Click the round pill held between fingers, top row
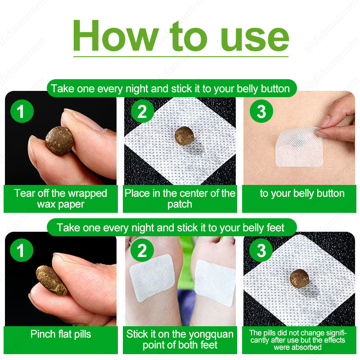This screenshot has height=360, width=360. [x=59, y=140]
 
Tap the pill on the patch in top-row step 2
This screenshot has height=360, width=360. [x=184, y=135]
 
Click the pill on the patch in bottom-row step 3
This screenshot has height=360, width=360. [x=298, y=279]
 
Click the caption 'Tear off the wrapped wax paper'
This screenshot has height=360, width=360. [x=60, y=199]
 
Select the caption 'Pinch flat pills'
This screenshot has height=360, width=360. [x=60, y=334]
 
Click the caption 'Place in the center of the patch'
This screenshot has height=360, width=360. [x=180, y=199]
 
